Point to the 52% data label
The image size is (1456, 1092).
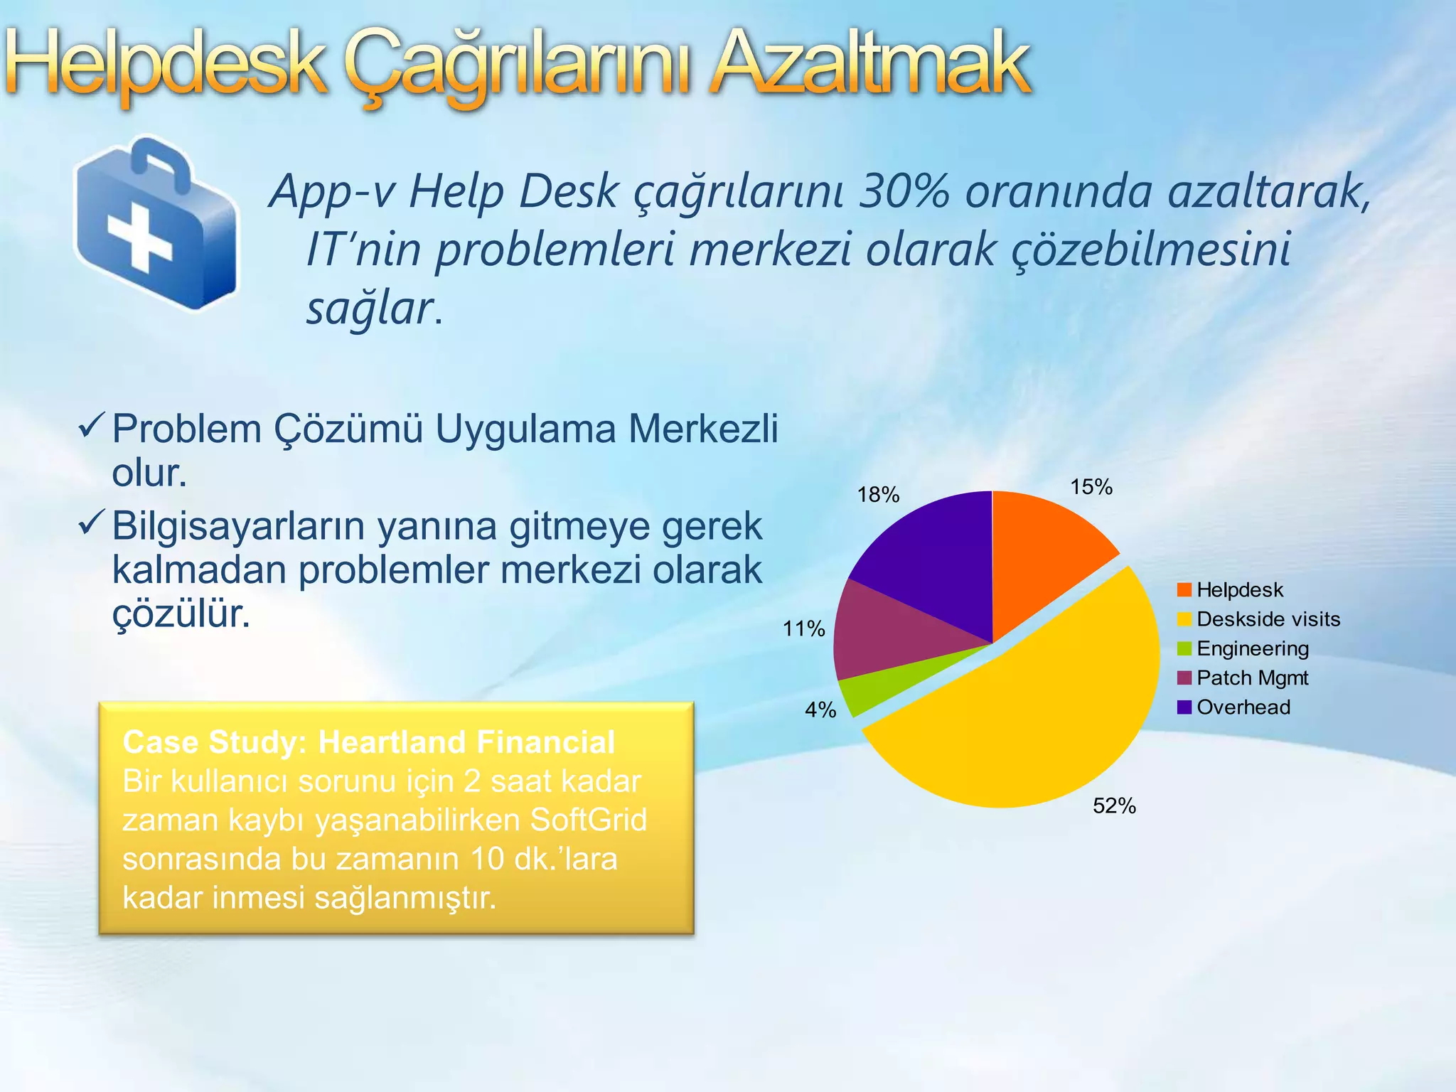point(1114,805)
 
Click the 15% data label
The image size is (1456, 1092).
point(1091,487)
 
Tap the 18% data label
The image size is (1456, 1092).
point(878,495)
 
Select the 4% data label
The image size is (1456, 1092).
point(820,710)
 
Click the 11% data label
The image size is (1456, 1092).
point(803,628)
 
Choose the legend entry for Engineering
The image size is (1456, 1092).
point(1252,648)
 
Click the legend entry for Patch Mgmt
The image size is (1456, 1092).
point(1252,678)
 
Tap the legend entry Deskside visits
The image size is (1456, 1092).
point(1268,619)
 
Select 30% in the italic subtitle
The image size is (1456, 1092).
point(903,192)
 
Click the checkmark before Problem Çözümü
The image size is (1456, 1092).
point(92,425)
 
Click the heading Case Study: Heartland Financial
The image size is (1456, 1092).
point(368,742)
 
